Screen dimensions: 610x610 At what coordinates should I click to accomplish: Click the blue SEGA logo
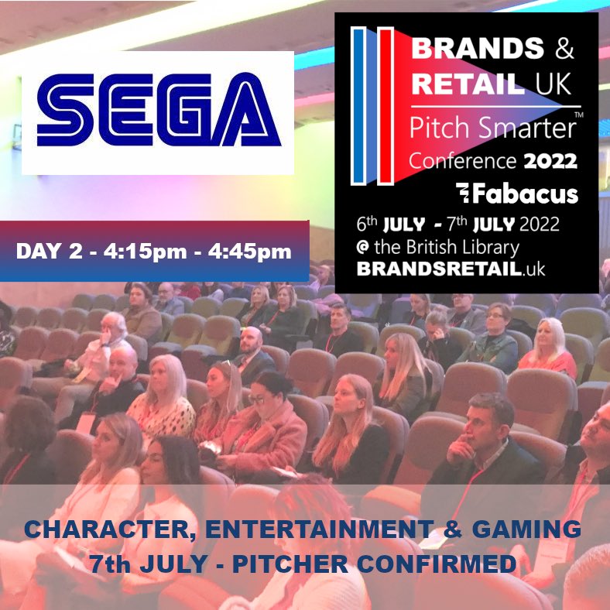158,113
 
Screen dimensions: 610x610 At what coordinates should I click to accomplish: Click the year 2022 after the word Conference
549,162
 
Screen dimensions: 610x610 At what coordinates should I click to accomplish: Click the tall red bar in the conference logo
385,106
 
